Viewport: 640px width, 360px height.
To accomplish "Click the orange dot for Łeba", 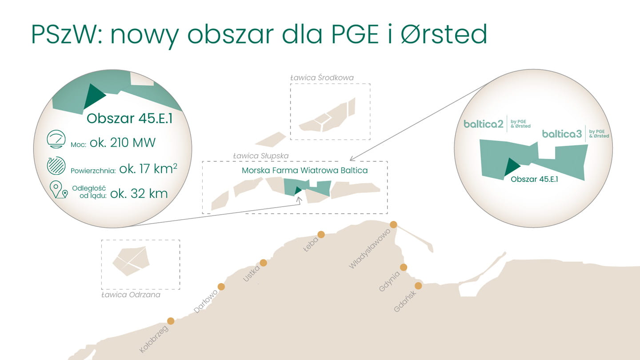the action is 321,235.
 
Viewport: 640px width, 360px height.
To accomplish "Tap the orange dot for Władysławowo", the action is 393,224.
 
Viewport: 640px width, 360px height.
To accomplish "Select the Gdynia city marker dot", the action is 404,268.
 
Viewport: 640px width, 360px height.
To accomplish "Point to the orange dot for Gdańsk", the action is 418,286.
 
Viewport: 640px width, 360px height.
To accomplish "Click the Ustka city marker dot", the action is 264,263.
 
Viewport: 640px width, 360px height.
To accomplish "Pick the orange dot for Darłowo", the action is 221,287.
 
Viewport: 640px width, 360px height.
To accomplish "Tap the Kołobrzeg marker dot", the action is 171,321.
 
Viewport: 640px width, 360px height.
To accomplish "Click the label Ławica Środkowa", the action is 322,78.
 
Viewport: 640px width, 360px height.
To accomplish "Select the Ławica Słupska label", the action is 261,156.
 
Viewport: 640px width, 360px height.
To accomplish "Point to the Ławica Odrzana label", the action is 131,295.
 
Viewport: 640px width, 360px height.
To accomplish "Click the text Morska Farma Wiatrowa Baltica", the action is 304,171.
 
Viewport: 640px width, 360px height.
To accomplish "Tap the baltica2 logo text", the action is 483,124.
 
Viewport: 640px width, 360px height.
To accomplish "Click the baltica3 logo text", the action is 562,134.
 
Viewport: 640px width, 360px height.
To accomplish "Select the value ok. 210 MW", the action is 123,143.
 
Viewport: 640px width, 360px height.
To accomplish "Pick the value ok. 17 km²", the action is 148,168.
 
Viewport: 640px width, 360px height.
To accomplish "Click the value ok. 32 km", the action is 139,194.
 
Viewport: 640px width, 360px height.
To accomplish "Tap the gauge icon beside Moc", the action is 56,139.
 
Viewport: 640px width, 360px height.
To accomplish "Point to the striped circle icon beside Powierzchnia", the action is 56,165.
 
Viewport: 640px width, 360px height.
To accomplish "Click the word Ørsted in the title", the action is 444,34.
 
